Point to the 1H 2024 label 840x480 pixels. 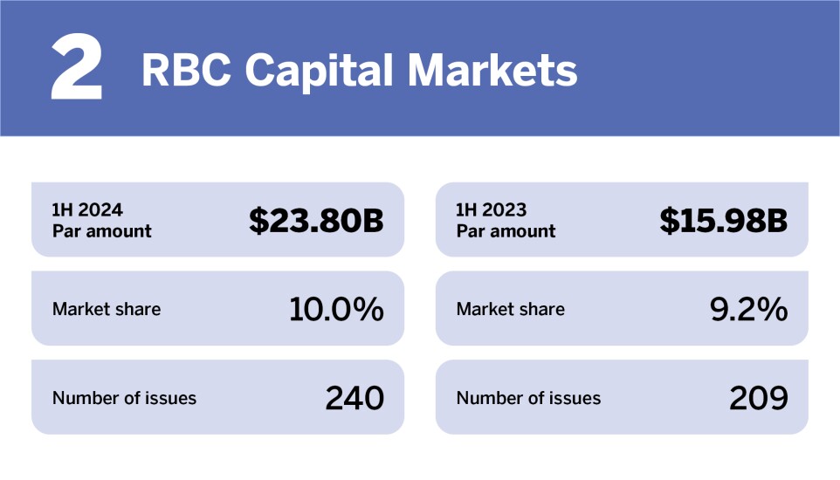click(x=87, y=210)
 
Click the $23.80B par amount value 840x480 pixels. click(x=316, y=221)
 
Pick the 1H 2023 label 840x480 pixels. click(x=492, y=210)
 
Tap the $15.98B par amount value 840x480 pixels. click(x=724, y=221)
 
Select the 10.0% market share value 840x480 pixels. click(x=336, y=309)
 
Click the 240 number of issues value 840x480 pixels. click(x=355, y=398)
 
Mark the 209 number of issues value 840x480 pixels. click(x=759, y=398)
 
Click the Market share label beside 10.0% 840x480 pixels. click(x=107, y=309)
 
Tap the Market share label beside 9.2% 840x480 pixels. click(x=511, y=309)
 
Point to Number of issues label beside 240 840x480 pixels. click(x=125, y=399)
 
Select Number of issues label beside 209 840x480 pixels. click(x=529, y=399)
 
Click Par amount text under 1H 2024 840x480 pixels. click(x=102, y=232)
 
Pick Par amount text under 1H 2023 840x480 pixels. click(x=506, y=232)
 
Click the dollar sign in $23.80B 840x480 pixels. click(x=258, y=221)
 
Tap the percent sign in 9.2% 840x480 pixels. click(x=772, y=309)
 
